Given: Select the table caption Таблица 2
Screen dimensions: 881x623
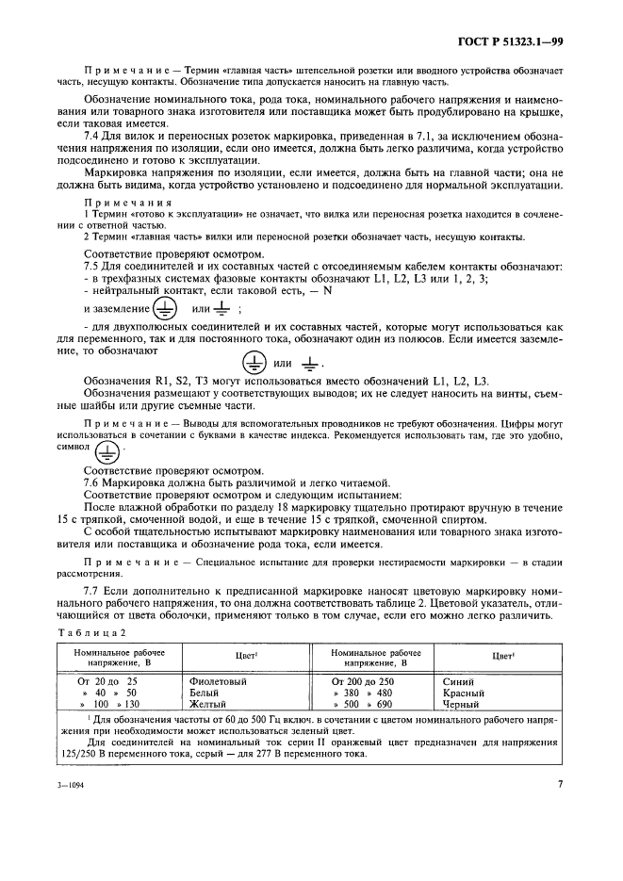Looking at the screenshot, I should point(88,634).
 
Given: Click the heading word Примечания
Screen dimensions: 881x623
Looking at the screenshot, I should point(128,202).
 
